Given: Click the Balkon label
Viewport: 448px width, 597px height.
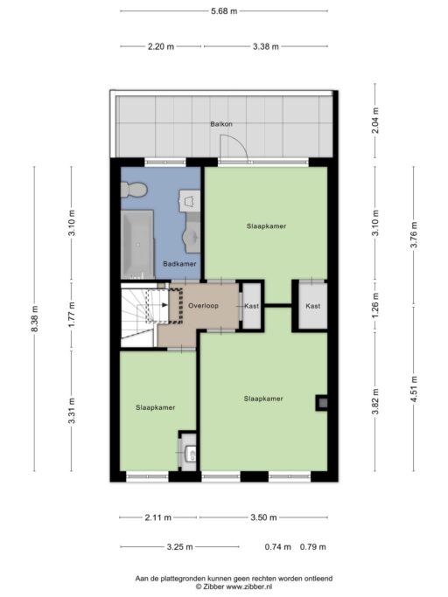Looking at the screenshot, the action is [221, 124].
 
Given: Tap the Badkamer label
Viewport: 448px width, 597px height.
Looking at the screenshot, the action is [179, 263].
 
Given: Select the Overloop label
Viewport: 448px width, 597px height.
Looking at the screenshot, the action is [203, 305].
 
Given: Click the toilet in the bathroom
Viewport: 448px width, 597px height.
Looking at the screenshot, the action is [134, 189].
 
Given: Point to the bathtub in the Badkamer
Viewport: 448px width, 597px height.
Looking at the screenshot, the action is [137, 244].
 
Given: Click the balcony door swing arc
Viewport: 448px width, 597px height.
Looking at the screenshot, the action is [240, 143].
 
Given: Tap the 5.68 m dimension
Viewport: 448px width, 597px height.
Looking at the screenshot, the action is [224, 11].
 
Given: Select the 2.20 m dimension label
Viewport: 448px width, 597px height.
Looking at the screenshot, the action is [161, 46].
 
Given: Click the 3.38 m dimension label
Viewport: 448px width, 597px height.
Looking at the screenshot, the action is [266, 46].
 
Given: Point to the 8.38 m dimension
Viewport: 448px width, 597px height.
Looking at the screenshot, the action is [34, 319].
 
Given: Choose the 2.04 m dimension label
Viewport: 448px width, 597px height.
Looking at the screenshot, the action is [375, 121].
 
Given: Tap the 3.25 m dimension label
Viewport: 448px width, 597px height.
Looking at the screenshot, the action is [180, 547].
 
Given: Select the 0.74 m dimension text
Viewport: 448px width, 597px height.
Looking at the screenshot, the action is [278, 547].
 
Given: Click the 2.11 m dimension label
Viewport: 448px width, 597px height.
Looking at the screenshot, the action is [158, 517].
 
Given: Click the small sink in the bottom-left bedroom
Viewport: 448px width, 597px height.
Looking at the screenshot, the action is [189, 453].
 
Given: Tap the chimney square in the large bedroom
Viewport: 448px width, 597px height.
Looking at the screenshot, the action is [322, 402].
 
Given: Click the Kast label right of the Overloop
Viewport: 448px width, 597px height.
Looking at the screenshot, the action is [252, 306].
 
